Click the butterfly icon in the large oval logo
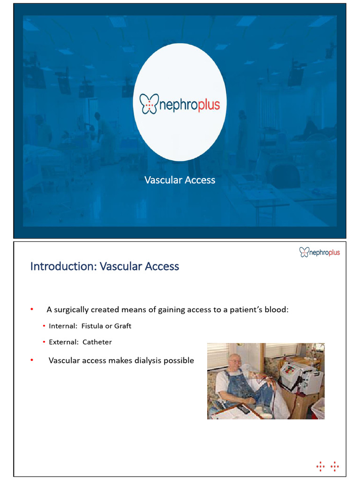point(150,104)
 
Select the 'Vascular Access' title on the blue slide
point(180,180)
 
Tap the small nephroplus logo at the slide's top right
point(319,253)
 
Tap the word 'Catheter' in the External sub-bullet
point(97,342)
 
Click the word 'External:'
point(64,342)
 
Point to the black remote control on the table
point(244,409)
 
